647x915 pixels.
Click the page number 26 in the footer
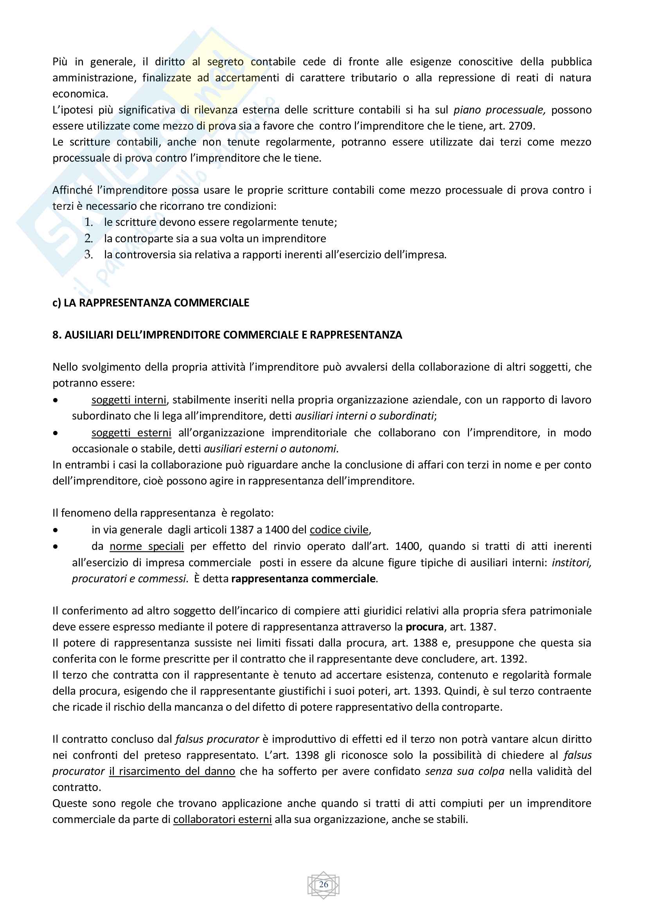coord(323,884)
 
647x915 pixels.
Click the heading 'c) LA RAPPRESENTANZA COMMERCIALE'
coord(151,303)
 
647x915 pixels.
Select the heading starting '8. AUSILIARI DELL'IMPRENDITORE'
coord(227,335)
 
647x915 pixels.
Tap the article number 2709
coord(521,126)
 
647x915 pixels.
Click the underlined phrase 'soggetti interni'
coord(129,400)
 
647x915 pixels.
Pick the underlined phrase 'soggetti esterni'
coord(131,433)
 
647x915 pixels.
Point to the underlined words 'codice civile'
coord(339,530)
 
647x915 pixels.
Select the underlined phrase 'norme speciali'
coord(147,546)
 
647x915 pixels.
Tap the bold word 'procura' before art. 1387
coord(424,627)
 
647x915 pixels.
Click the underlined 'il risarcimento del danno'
coord(172,771)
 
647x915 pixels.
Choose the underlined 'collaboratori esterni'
coord(222,820)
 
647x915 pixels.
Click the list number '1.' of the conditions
coord(88,222)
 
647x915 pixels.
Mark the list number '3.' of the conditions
coord(88,254)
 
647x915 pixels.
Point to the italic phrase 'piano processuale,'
coord(499,110)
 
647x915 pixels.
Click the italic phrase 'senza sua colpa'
coord(465,771)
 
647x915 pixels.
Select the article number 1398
coord(307,755)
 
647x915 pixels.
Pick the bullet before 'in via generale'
coord(56,530)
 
